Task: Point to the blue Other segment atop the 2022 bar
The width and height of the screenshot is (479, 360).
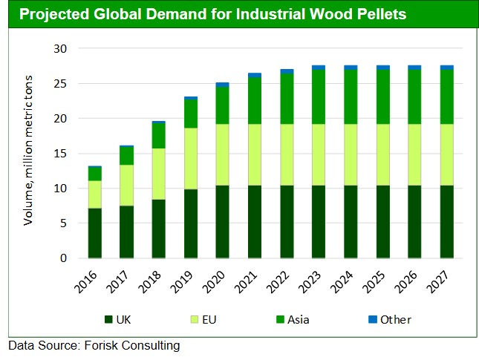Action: pos(287,71)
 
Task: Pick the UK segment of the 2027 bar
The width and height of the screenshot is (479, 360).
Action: pos(447,222)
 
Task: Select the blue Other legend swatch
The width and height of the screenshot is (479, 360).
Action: pos(372,320)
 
